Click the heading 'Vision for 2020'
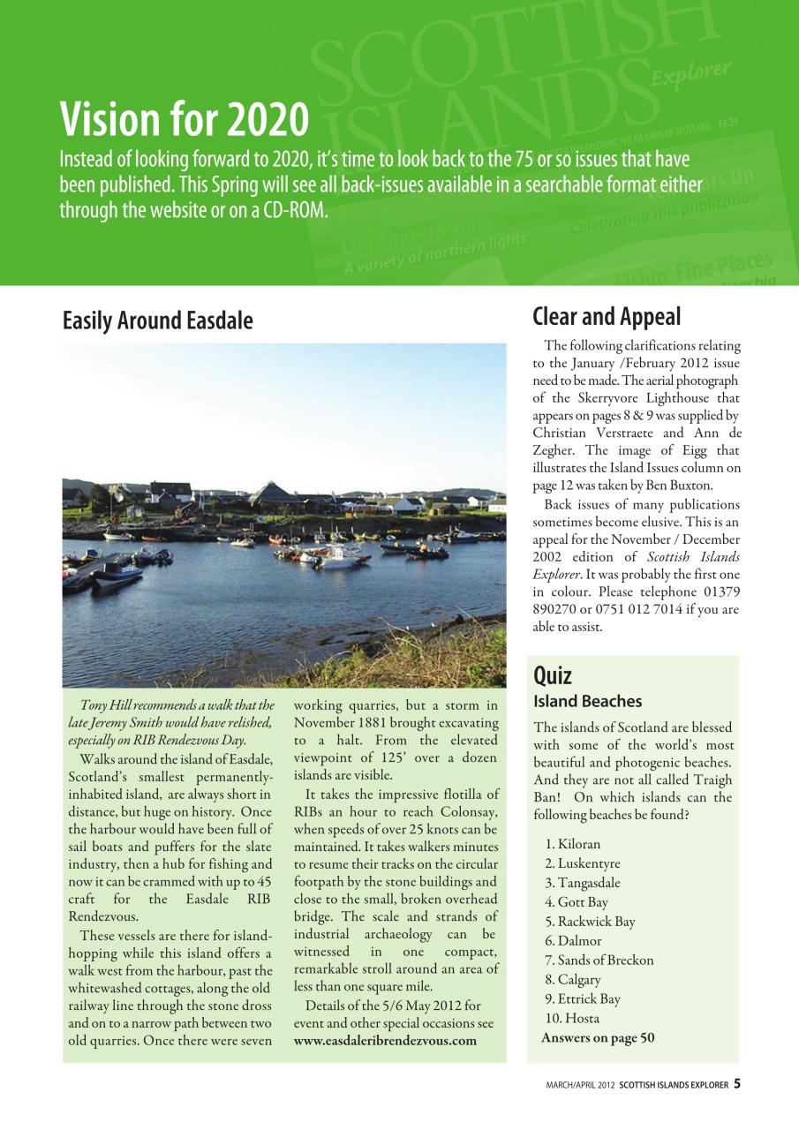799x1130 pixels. click(x=184, y=119)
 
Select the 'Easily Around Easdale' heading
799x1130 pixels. click(x=157, y=321)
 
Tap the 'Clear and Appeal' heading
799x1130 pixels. click(x=607, y=316)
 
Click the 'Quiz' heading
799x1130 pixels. click(x=553, y=675)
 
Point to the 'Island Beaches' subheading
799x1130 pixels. click(x=588, y=702)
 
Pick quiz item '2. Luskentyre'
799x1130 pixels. click(x=583, y=863)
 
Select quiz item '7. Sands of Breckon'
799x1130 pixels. click(x=599, y=960)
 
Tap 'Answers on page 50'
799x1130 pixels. click(x=598, y=1037)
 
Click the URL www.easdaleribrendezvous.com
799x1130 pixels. click(x=385, y=1041)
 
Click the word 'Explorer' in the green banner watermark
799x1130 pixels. click(x=691, y=75)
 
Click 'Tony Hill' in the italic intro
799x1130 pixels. click(x=105, y=705)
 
